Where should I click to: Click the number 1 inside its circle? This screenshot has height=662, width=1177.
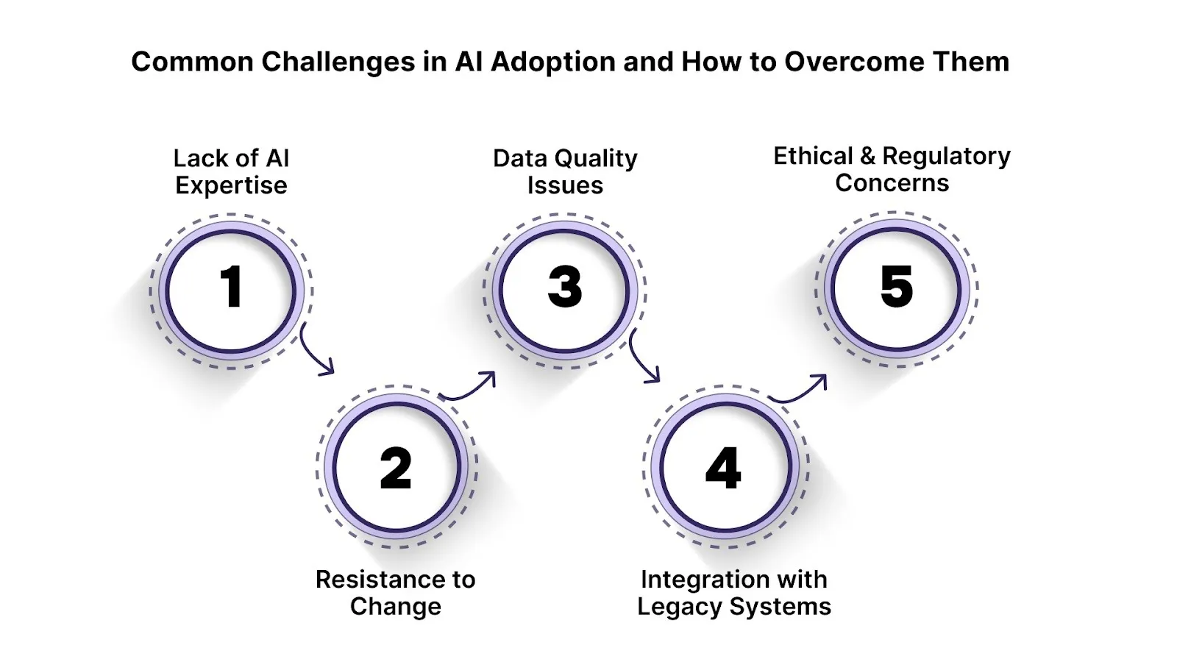[x=232, y=287]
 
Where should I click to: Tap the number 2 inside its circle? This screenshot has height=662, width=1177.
[x=396, y=469]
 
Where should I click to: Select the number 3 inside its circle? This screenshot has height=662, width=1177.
[x=565, y=287]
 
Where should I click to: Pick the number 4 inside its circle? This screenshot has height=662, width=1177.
[x=723, y=469]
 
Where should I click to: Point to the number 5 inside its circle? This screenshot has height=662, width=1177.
[x=897, y=287]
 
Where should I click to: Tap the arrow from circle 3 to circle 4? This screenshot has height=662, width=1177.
[x=642, y=359]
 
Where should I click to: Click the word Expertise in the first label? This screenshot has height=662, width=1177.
[x=231, y=186]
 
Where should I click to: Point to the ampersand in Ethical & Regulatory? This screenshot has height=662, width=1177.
[x=867, y=156]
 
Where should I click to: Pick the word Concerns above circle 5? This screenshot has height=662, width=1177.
[x=892, y=183]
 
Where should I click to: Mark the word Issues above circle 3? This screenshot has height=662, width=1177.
[x=565, y=186]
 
